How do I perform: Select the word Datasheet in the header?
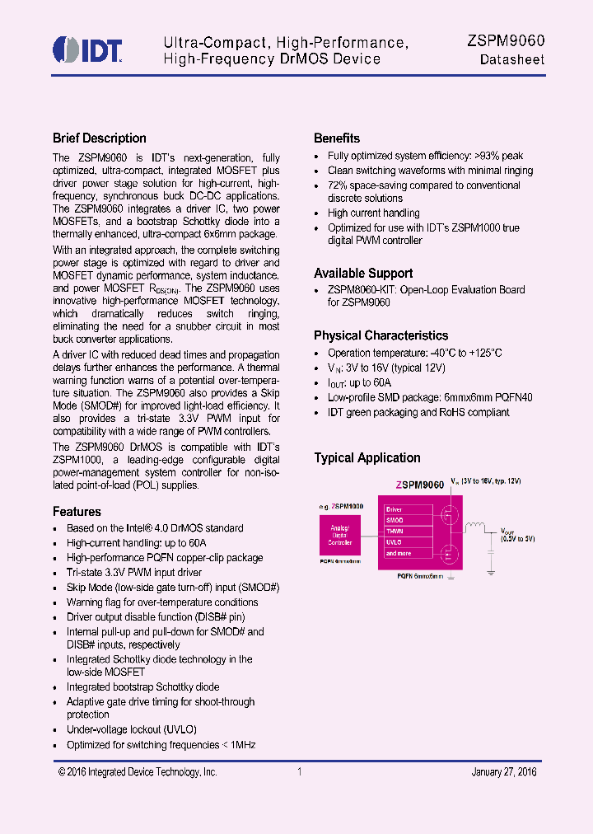[x=511, y=60]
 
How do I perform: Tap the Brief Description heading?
[x=99, y=138]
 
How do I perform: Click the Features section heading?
[x=77, y=512]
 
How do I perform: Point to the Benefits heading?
[x=337, y=138]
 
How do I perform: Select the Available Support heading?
[x=363, y=274]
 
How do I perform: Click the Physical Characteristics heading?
[x=381, y=335]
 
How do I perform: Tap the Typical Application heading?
[x=367, y=458]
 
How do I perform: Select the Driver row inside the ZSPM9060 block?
[x=395, y=509]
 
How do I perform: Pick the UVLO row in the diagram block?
[x=395, y=542]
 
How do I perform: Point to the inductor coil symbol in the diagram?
[x=475, y=527]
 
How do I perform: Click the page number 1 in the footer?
[x=300, y=772]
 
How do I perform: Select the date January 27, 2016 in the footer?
[x=503, y=772]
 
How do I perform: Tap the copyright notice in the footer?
[x=138, y=772]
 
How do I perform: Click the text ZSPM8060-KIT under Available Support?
[x=359, y=290]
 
